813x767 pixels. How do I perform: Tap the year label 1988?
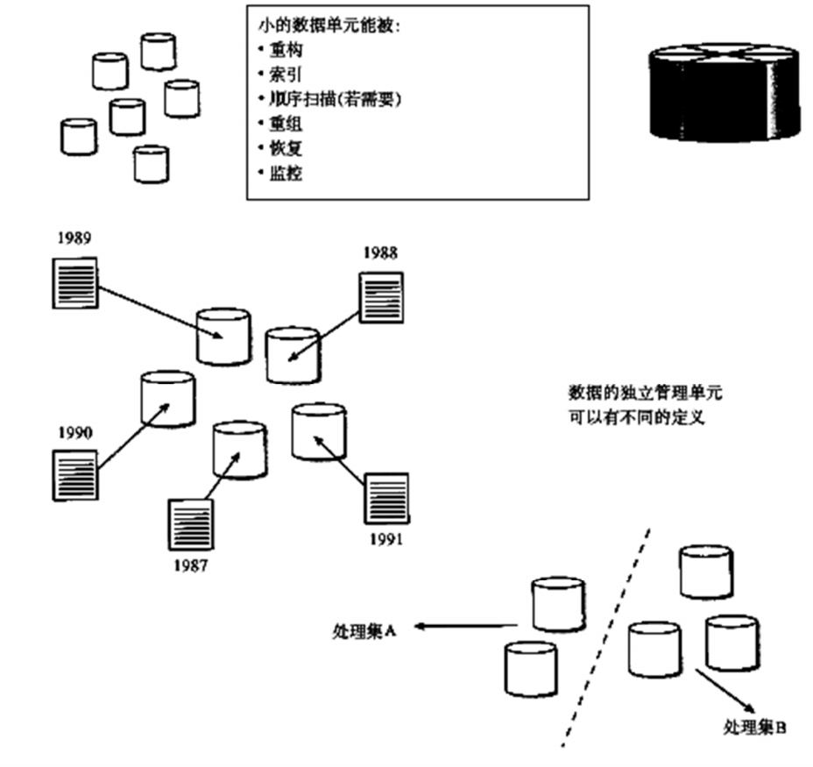[380, 253]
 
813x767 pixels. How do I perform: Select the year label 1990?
[75, 432]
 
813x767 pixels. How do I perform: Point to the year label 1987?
[190, 565]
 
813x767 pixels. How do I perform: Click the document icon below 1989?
[74, 282]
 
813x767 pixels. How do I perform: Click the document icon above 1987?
[189, 524]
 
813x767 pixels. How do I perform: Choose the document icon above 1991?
[385, 499]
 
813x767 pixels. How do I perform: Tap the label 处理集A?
[364, 629]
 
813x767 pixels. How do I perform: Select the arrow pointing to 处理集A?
[464, 627]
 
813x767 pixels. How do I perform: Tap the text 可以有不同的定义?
[636, 417]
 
